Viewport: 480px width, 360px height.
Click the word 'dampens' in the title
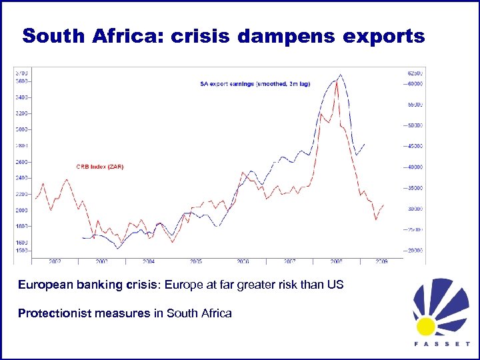tap(293, 37)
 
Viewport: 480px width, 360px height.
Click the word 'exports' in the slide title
tap(385, 37)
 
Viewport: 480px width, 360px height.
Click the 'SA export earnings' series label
tap(255, 83)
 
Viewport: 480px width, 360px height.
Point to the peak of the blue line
tap(341, 75)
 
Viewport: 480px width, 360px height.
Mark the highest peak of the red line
tap(336, 81)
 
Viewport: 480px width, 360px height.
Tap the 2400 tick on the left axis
tap(23, 178)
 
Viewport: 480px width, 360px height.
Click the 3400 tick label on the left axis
tap(23, 97)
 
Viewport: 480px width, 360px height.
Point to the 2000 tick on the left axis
tap(23, 210)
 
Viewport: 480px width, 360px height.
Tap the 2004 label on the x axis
tap(149, 261)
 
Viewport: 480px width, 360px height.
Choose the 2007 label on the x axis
tap(290, 261)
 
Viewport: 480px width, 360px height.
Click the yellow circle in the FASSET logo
tap(426, 326)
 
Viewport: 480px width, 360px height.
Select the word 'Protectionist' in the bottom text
tap(50, 313)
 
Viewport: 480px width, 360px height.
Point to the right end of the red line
tap(383, 205)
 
